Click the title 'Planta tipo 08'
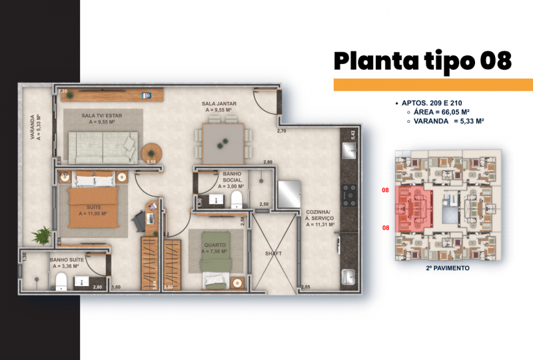click(422, 61)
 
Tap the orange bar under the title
click(433, 85)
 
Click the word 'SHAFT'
click(273, 253)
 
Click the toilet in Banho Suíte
click(59, 281)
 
